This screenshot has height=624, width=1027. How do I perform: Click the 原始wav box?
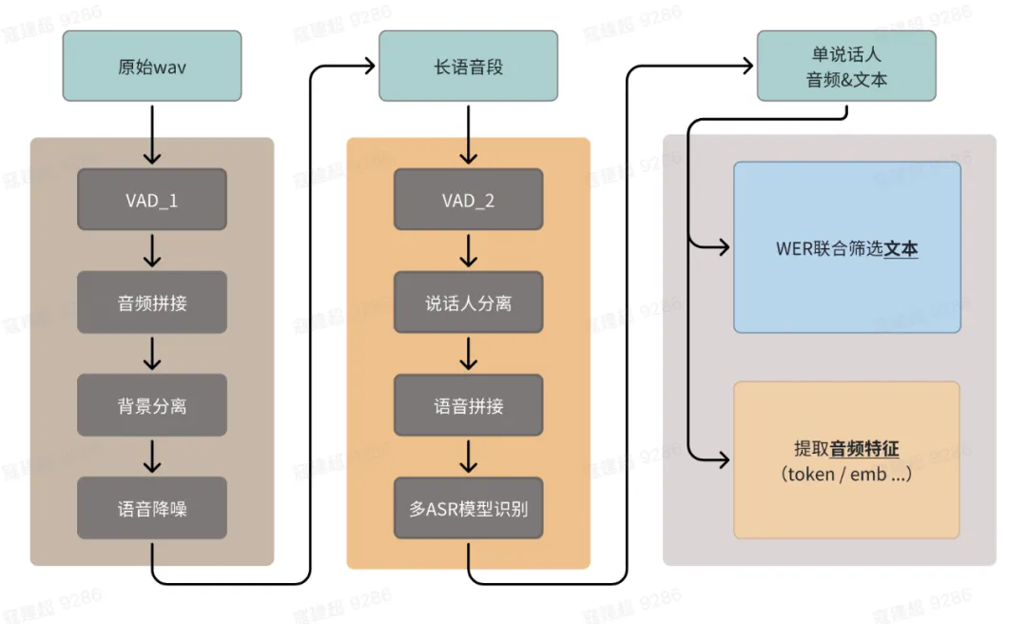152,67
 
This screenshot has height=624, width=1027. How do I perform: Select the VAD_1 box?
152,200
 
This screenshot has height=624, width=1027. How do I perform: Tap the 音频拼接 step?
152,302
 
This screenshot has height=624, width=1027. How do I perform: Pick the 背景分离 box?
152,405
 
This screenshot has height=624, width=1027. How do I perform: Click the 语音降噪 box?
152,508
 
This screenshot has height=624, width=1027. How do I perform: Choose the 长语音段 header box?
468,67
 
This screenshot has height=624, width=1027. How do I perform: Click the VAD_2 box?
468,200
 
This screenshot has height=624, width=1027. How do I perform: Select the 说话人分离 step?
468,302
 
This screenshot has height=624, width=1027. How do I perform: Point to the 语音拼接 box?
468,405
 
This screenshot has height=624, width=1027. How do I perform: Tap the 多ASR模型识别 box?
468,508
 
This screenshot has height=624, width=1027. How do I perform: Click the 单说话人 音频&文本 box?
846,67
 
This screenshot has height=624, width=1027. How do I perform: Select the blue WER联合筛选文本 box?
846,247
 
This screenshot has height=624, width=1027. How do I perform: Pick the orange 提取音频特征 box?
846,460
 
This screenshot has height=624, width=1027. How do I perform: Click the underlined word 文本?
901,249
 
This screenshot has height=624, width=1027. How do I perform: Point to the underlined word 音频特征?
865,450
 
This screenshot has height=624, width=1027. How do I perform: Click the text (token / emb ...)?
846,473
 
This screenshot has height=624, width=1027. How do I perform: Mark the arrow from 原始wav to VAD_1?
152,133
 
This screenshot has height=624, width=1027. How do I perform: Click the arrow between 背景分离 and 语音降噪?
152,457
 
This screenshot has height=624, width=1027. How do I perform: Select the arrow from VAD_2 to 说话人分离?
468,251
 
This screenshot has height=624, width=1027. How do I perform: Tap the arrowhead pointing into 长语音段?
368,66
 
